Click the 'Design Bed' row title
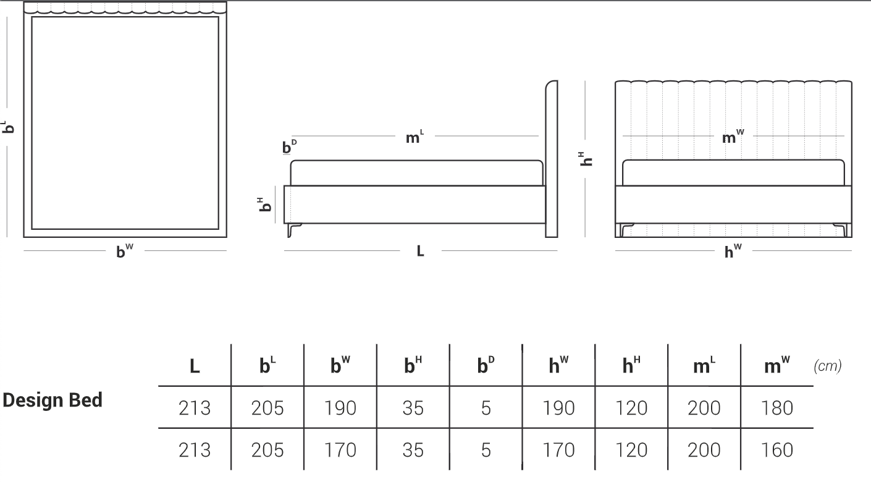(53, 400)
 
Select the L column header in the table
(195, 366)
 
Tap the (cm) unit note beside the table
(828, 366)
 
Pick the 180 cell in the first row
(777, 408)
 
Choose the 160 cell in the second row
(777, 450)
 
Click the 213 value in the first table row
(195, 408)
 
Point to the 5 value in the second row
(486, 450)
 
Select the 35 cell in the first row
(413, 408)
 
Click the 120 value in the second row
(631, 450)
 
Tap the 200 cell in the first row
(704, 408)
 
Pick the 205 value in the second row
(267, 450)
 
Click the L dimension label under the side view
(420, 252)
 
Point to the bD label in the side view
(289, 146)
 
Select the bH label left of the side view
(265, 205)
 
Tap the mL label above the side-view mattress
(414, 137)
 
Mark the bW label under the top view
(125, 251)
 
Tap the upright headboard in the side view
(552, 159)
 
